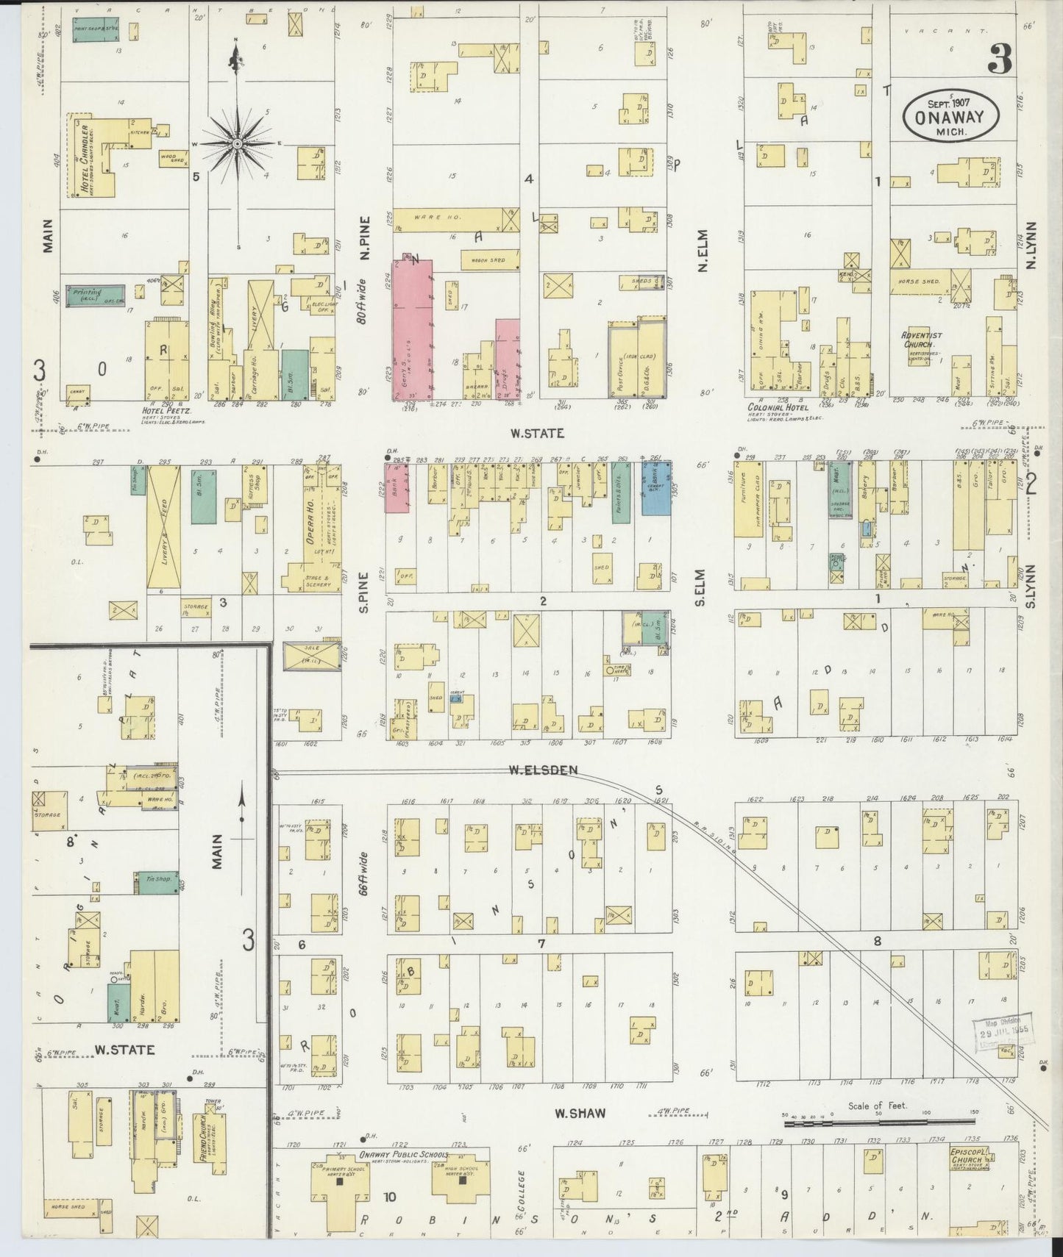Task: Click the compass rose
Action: click(x=237, y=145)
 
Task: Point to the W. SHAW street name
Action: click(x=580, y=1112)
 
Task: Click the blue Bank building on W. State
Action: click(x=655, y=488)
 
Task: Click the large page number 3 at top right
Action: click(x=999, y=59)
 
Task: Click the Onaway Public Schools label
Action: click(x=403, y=1154)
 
